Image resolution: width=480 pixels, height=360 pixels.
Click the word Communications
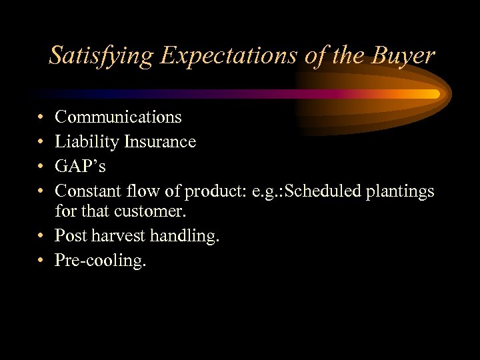tap(118, 117)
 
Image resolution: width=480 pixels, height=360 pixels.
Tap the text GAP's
tap(80, 167)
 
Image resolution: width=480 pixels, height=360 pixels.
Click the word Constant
tap(86, 191)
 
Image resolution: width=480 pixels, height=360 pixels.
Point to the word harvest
tap(118, 235)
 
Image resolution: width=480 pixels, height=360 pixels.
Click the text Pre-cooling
tap(100, 261)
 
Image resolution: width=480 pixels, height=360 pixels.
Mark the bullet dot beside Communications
tap(41, 118)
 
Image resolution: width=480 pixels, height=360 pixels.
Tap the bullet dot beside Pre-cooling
tap(41, 261)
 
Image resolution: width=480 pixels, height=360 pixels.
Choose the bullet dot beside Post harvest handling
tap(41, 236)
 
